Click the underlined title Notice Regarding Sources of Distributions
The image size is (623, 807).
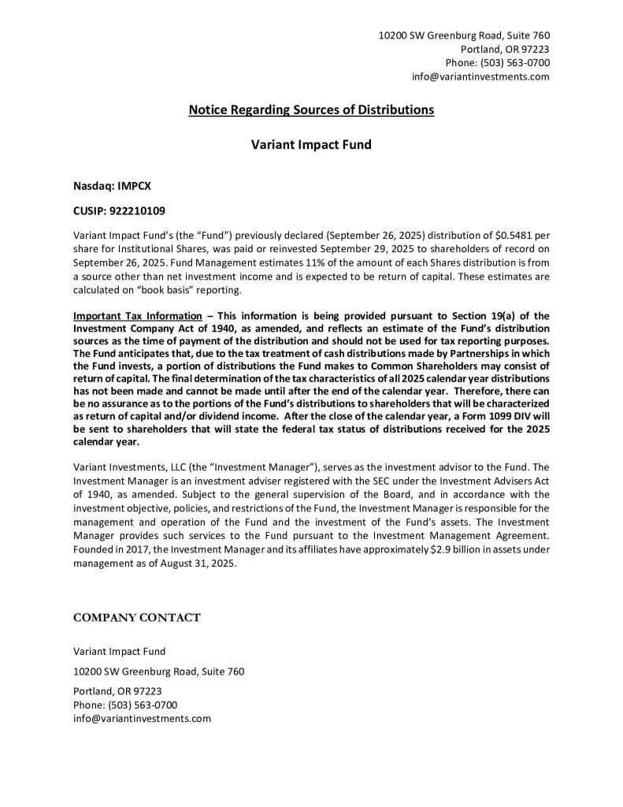point(311,110)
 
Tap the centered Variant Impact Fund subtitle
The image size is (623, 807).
point(311,145)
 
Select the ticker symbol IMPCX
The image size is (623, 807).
point(135,186)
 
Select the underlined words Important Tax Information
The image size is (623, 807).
point(137,316)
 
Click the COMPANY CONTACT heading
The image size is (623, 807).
point(136,618)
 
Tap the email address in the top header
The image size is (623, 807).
point(480,76)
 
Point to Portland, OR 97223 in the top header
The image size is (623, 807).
point(505,49)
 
